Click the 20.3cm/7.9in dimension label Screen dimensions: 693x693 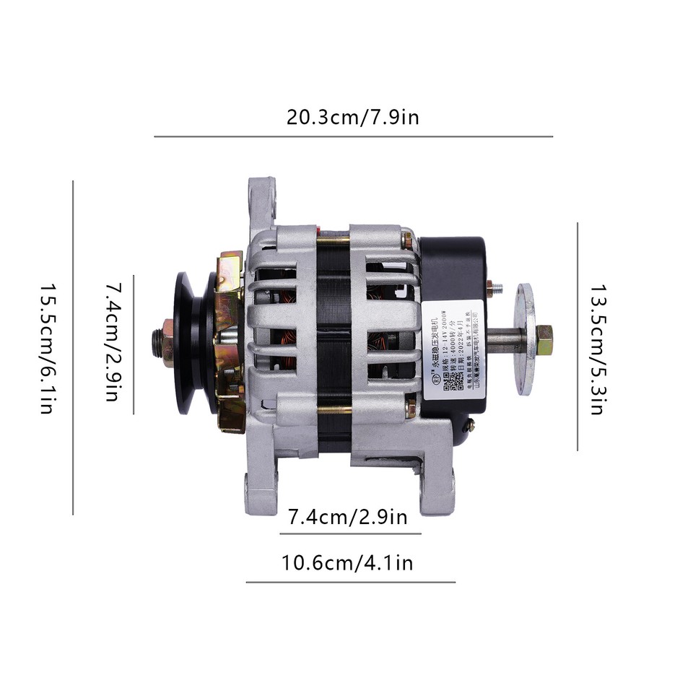[x=352, y=117]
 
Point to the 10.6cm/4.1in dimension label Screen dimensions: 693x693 [x=351, y=562]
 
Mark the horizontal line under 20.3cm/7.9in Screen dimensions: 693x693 [x=354, y=136]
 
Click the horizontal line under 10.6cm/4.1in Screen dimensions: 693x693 [x=351, y=582]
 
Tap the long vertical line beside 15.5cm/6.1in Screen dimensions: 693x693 [x=74, y=347]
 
